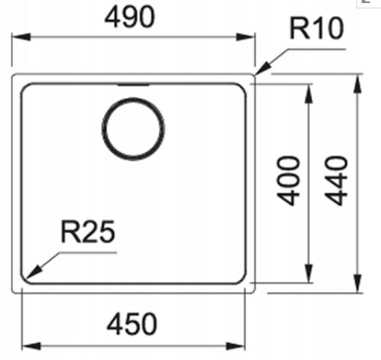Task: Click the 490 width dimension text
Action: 130,17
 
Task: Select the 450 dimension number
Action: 132,324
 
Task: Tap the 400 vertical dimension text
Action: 289,180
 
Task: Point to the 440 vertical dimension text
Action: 336,180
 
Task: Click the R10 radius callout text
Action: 317,28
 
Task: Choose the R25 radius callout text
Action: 88,232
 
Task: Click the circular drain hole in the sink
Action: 133,129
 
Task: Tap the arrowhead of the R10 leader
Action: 263,68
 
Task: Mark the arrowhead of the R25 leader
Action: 33,271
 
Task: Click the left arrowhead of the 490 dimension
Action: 21,37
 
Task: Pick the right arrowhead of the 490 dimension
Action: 246,37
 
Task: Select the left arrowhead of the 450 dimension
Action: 31,346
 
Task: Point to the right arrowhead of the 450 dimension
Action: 235,346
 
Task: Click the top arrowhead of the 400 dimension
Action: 308,93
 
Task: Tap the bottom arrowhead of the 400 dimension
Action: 308,273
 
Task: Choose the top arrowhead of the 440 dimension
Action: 358,84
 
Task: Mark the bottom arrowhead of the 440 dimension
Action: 358,284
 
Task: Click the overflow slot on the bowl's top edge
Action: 133,85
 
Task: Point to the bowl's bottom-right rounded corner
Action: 243,281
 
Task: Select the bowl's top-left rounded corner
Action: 24,86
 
